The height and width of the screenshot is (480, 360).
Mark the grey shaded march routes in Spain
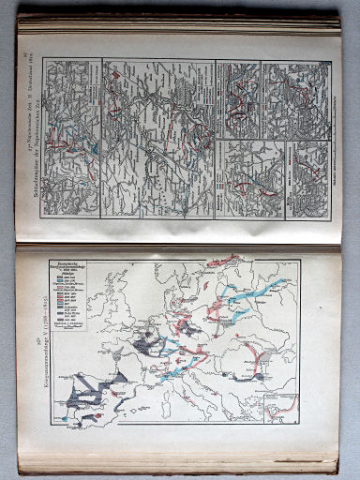[x=89, y=394]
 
